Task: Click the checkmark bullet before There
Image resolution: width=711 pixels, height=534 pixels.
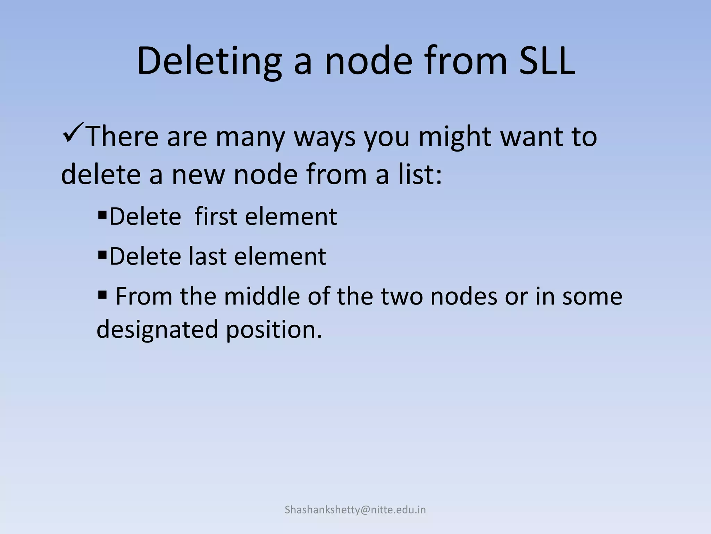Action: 73,130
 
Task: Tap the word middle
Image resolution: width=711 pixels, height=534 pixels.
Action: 262,296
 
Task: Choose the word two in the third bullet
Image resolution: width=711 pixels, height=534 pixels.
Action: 402,296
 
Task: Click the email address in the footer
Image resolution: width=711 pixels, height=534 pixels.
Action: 355,510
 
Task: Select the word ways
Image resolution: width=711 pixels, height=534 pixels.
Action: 325,137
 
